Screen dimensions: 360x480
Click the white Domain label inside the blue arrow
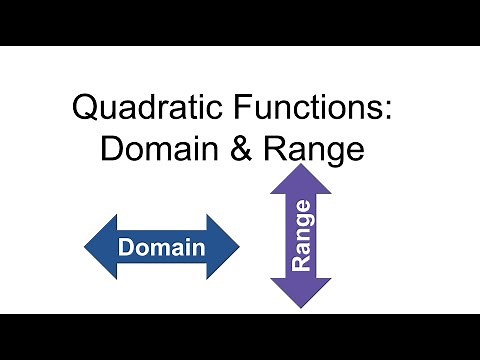point(161,246)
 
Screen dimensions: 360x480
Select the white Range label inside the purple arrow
point(301,236)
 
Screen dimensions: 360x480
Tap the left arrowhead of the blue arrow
point(97,246)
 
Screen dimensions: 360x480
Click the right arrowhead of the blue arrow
point(225,246)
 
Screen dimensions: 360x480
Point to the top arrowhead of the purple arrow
point(301,180)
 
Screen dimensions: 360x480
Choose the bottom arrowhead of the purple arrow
point(301,292)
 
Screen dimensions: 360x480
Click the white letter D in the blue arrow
point(127,246)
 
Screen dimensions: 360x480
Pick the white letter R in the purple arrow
point(301,262)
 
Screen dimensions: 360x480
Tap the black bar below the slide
point(240,337)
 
